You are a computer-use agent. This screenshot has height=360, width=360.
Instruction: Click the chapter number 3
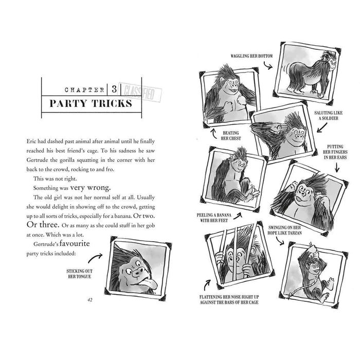[114, 89]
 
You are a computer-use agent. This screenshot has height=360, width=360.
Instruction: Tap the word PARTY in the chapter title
[68, 103]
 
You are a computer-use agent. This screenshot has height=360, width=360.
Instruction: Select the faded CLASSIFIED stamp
[140, 92]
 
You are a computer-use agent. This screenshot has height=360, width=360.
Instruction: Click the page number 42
[90, 300]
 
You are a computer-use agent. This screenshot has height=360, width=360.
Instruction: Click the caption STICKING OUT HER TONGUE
[79, 274]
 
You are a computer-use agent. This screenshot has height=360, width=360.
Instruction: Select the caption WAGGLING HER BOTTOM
[251, 56]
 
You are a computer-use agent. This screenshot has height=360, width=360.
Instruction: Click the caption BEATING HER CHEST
[231, 135]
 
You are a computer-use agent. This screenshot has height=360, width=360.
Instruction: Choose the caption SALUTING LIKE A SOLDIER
[328, 116]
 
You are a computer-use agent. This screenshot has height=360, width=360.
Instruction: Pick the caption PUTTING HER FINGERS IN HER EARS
[335, 152]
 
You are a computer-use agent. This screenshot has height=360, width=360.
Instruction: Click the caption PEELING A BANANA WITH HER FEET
[214, 218]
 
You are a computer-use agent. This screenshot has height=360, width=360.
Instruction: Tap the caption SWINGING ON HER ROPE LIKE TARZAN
[284, 230]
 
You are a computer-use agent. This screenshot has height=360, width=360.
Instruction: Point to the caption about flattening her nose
[229, 300]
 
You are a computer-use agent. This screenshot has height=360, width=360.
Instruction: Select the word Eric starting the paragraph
[31, 141]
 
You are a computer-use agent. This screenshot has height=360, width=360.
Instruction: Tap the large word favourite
[75, 243]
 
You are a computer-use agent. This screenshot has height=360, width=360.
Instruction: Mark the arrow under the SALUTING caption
[322, 128]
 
